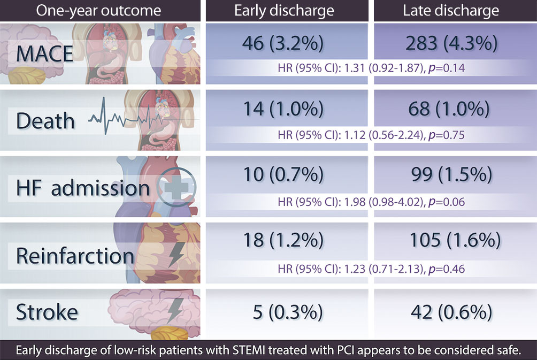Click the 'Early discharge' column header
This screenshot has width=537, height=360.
click(284, 11)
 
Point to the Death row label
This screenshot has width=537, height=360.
click(45, 120)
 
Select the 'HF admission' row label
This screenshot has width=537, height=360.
click(83, 187)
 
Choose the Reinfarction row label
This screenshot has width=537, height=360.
click(75, 255)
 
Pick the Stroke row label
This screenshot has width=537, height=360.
click(47, 311)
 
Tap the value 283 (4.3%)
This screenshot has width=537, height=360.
click(453, 43)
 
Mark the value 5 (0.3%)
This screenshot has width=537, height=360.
click(284, 311)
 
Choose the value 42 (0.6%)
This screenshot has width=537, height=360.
click(453, 311)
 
